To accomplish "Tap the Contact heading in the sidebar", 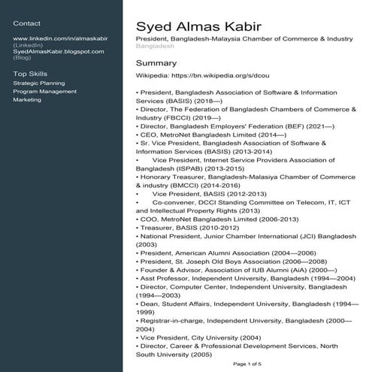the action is click(x=26, y=23).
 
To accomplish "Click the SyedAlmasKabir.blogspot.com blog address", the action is click(x=59, y=50).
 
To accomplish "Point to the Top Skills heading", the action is click(x=30, y=74).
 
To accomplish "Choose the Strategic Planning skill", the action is click(x=39, y=83).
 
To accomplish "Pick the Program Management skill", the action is click(x=45, y=91).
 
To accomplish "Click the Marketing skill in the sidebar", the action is click(x=28, y=99).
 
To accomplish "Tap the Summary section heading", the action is click(x=156, y=63).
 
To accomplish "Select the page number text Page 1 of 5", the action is click(x=248, y=364).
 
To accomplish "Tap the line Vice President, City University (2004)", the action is click(x=198, y=338).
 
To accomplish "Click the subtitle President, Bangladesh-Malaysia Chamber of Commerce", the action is click(x=244, y=38).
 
